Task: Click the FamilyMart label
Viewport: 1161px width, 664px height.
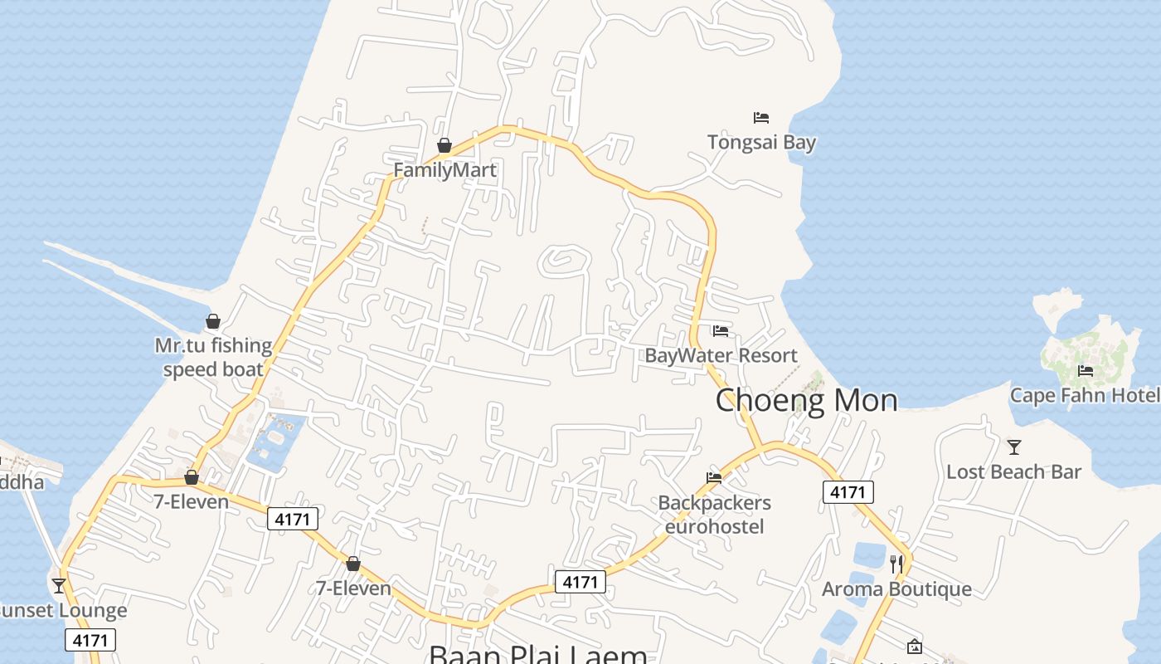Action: [x=444, y=170]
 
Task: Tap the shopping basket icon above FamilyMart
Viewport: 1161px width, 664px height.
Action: [x=444, y=146]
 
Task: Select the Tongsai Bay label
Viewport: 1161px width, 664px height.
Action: [x=761, y=142]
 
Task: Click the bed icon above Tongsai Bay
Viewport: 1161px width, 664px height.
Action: [x=761, y=118]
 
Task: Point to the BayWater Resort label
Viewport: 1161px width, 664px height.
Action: [x=721, y=355]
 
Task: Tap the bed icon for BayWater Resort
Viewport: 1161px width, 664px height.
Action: [x=721, y=331]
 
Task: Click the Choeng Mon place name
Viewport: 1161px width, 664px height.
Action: [x=806, y=400]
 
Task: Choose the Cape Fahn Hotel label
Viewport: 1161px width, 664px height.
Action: [x=1085, y=395]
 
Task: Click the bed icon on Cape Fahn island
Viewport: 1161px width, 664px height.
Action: [x=1086, y=371]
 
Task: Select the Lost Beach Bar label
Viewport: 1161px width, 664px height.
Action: [x=1013, y=471]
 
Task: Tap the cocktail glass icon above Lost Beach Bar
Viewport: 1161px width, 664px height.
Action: [x=1013, y=447]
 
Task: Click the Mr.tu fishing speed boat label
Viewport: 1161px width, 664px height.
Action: [x=213, y=357]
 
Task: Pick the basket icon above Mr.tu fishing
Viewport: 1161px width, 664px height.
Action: [x=213, y=321]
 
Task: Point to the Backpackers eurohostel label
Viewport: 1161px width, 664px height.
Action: [x=714, y=515]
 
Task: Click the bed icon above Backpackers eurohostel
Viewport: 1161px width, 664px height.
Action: [x=714, y=477]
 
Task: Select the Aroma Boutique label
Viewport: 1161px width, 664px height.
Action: [x=896, y=589]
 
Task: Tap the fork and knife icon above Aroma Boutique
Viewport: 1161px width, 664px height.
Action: [x=896, y=564]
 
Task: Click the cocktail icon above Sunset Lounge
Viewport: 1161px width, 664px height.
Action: [x=59, y=586]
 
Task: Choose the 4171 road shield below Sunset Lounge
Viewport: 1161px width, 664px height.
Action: [x=90, y=640]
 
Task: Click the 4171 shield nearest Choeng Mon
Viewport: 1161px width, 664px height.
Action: [x=848, y=492]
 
